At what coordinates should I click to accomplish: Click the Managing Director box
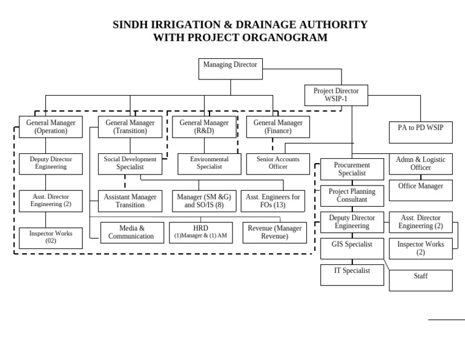[230, 68]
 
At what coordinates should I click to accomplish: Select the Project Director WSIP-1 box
[335, 95]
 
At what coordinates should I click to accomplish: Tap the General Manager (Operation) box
[51, 127]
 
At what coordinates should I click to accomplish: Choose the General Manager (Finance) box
[278, 127]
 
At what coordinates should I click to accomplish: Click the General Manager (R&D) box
[204, 127]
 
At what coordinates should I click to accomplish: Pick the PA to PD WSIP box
[420, 131]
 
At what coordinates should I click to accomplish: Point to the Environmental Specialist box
[209, 163]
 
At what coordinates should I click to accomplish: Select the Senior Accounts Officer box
[278, 163]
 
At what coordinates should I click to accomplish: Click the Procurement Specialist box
[352, 169]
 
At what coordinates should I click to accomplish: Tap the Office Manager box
[420, 190]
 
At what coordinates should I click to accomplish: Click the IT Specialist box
[352, 275]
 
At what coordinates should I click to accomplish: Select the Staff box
[420, 280]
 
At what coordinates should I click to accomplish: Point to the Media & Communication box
[131, 232]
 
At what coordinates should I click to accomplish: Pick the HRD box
[200, 232]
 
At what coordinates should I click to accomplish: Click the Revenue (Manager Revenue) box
[274, 232]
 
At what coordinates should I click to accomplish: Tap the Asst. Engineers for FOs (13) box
[272, 201]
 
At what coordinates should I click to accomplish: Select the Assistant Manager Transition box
[130, 201]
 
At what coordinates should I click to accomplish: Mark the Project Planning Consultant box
[352, 195]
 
